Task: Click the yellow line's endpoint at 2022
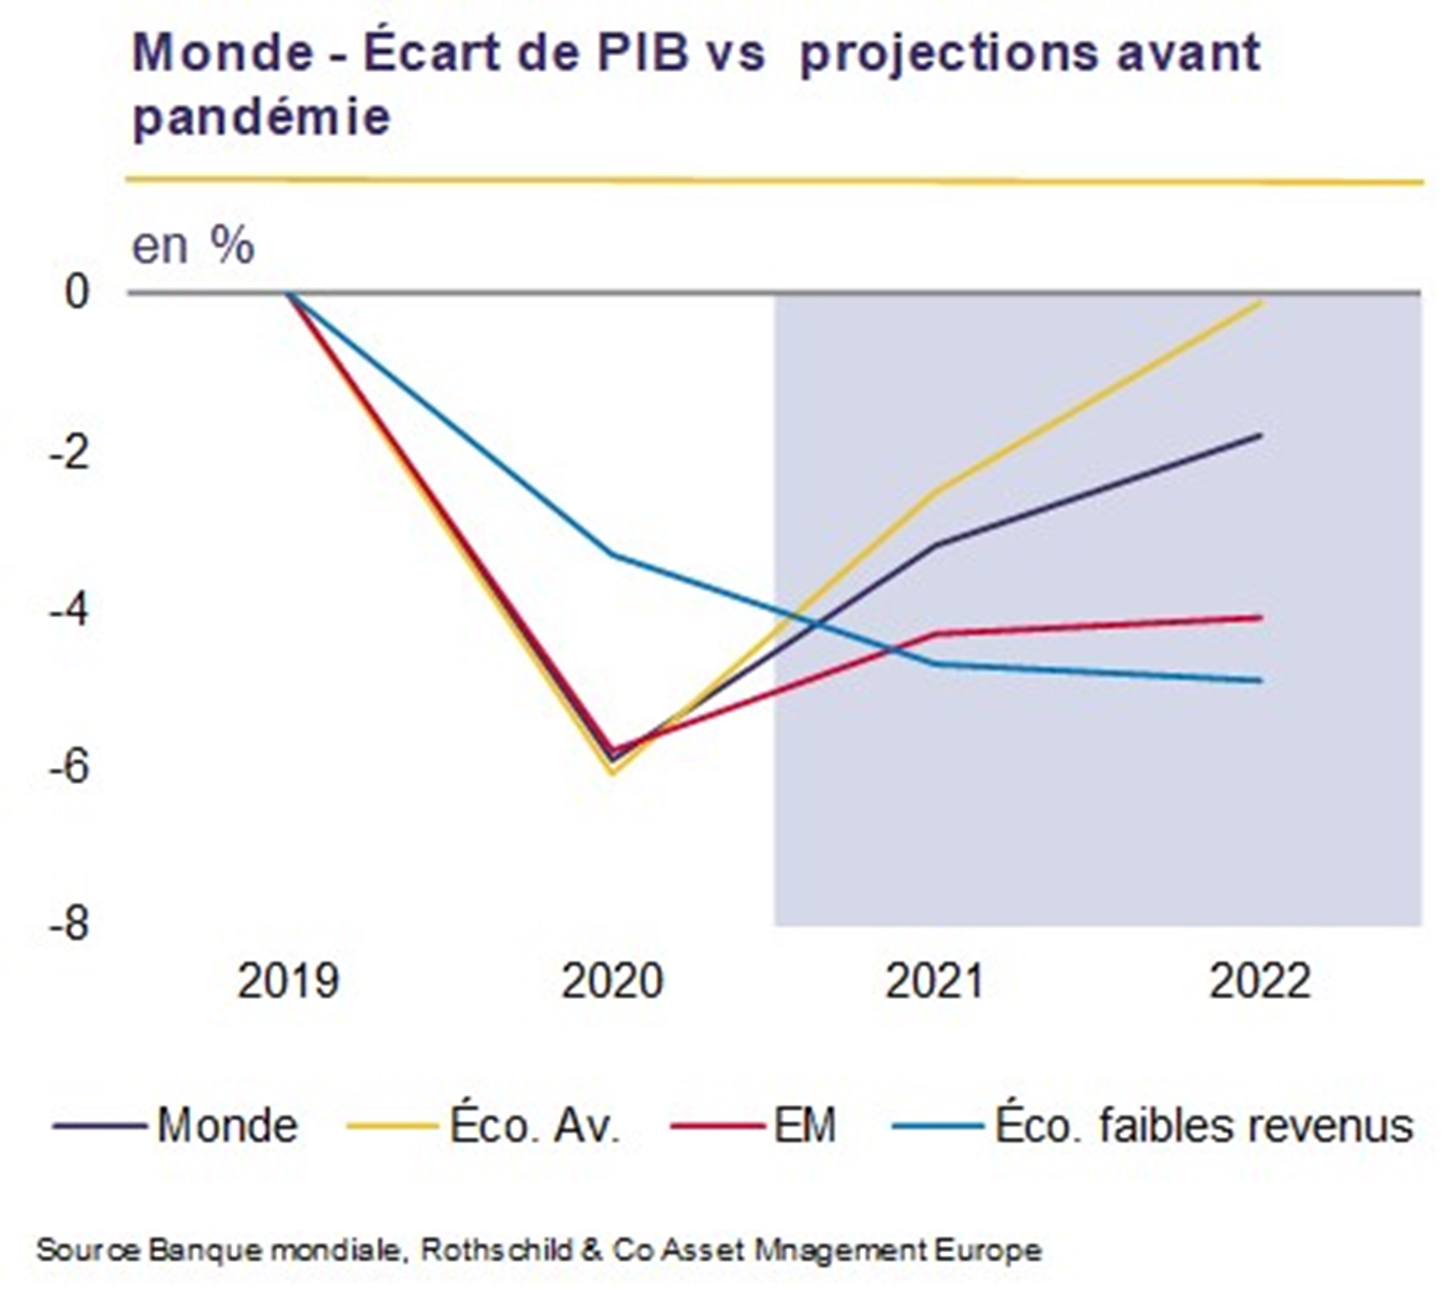coord(1261,303)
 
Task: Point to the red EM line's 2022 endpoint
coord(1261,617)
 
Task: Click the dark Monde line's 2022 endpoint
coord(1261,435)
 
